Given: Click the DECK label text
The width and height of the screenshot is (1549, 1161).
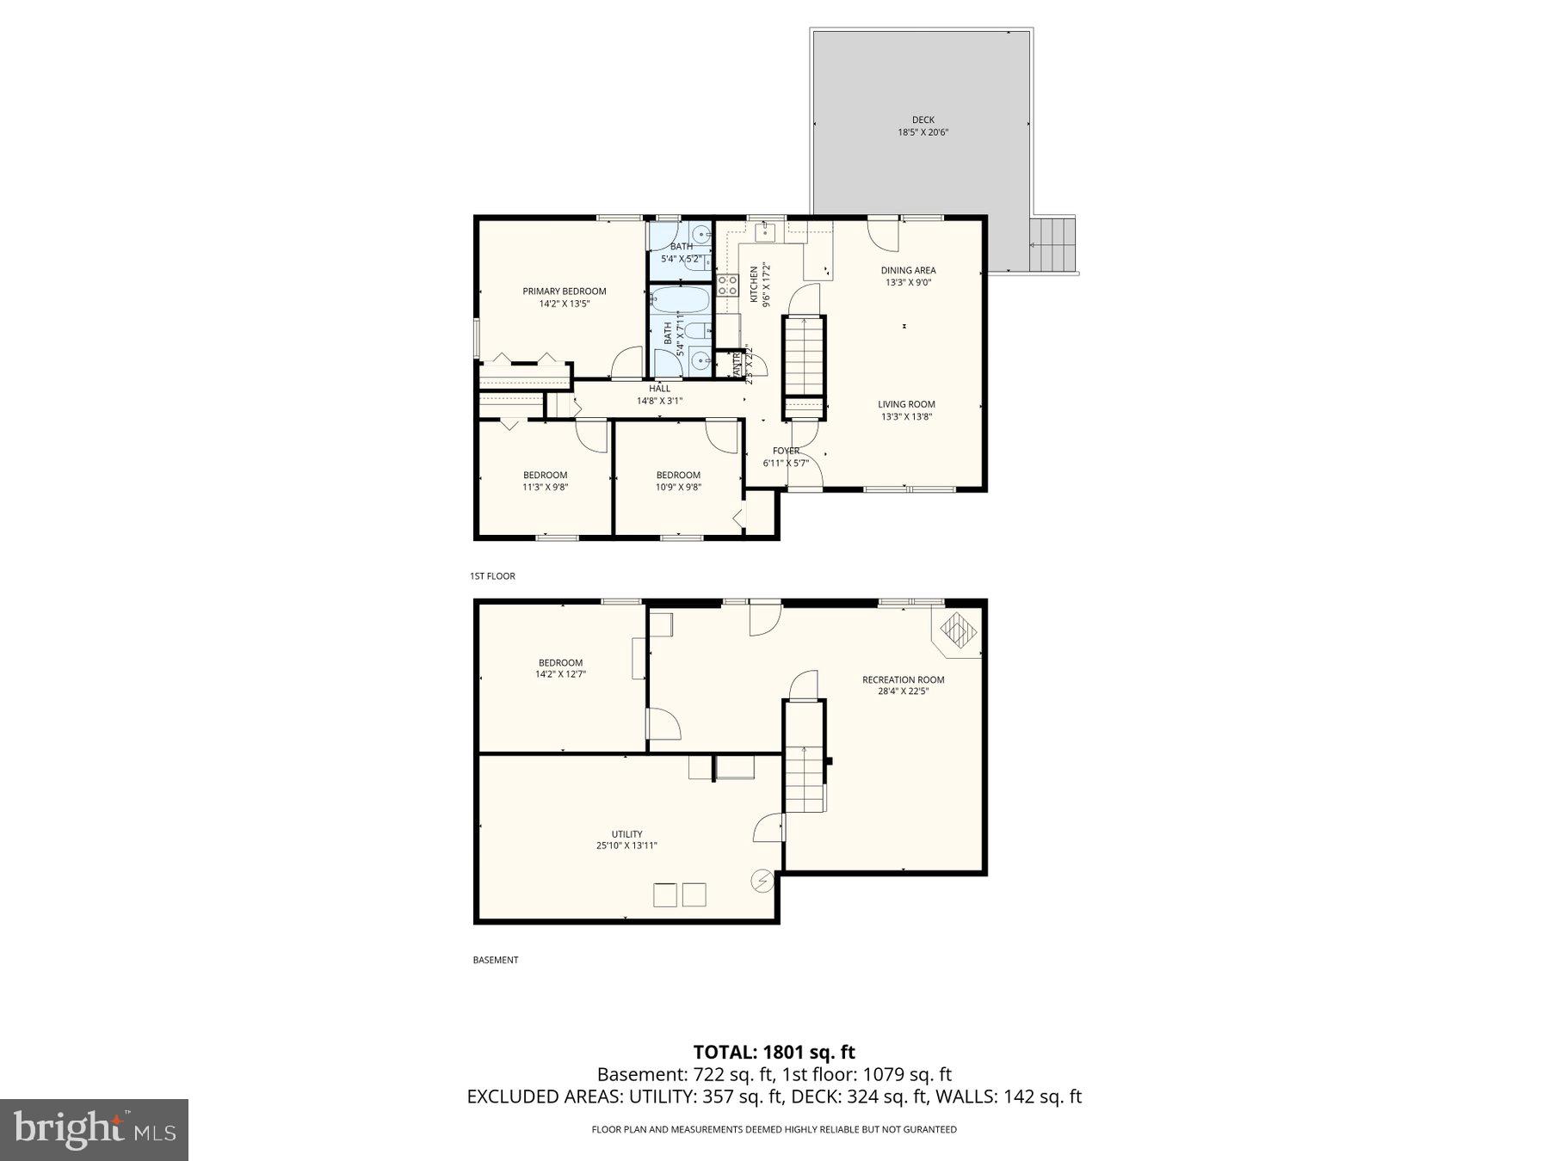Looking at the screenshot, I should [923, 120].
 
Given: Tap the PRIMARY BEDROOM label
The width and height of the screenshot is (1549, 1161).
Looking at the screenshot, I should [565, 292].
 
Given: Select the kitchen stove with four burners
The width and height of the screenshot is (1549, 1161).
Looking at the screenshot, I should [727, 286].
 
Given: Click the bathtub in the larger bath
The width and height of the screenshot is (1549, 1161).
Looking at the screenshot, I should [680, 300].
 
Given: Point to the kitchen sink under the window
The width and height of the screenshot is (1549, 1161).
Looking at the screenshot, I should [765, 231].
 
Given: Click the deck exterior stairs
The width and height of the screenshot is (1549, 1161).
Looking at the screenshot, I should [1053, 244].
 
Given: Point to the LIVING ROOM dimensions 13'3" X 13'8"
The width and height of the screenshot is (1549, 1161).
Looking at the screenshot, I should [906, 417].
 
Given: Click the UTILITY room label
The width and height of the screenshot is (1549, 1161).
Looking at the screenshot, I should [626, 834].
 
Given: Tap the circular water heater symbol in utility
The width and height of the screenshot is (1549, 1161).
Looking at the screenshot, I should [762, 881].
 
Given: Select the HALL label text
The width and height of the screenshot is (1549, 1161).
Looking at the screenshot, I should [659, 389].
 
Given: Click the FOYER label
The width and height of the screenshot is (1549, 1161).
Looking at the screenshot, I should [786, 451].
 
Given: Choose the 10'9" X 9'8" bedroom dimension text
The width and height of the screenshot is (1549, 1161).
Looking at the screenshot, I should [678, 487].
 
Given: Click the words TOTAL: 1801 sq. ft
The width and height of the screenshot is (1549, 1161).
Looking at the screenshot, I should [774, 1052].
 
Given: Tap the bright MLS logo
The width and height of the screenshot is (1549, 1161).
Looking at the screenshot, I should [94, 1129].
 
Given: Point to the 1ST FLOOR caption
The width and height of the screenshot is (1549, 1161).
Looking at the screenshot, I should [492, 576].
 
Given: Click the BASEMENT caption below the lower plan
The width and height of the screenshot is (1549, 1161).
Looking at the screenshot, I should [496, 960].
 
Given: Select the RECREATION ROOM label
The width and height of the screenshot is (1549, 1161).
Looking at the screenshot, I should [903, 679].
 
